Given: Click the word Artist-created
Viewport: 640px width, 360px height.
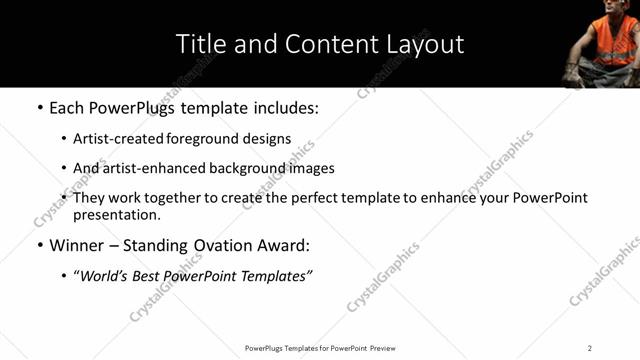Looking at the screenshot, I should [115, 139].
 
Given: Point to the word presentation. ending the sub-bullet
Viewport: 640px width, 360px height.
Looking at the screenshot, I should [117, 214].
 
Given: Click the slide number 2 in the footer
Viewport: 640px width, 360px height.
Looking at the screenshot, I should [590, 348].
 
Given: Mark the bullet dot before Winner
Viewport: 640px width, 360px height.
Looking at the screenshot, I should [40, 245].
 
